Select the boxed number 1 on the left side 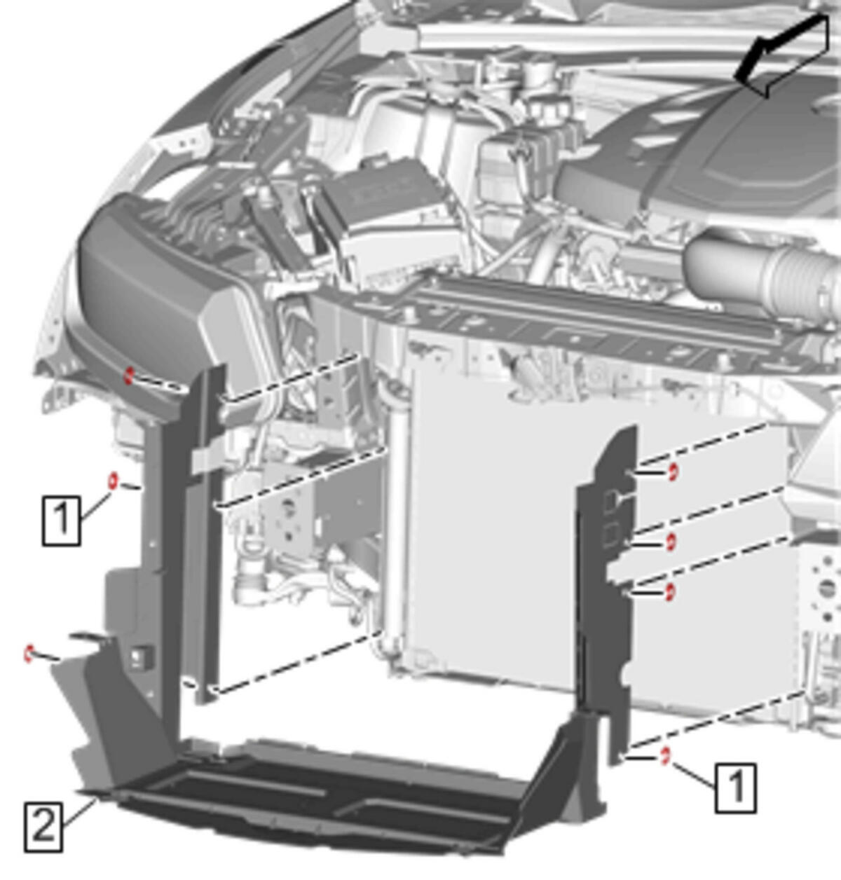(62, 521)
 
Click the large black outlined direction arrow (783, 54)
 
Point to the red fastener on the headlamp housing (129, 376)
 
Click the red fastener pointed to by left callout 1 (113, 481)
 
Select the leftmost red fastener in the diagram (29, 654)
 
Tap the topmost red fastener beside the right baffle (673, 472)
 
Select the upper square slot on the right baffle (610, 500)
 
